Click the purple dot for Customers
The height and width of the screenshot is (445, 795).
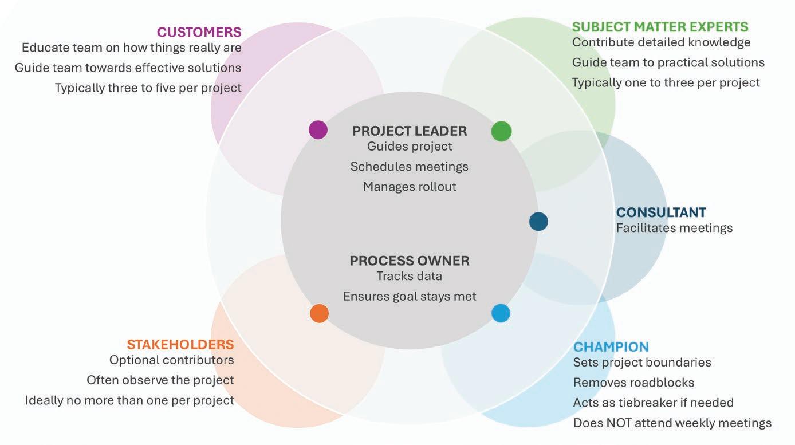point(318,130)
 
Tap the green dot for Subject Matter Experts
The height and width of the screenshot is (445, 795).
point(501,131)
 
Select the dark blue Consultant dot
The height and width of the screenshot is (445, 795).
point(538,221)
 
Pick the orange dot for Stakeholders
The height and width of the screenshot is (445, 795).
point(319,313)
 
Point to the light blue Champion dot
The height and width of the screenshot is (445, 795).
point(501,313)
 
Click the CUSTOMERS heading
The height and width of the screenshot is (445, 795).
point(199,32)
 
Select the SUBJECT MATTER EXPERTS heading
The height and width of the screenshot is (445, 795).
point(660,27)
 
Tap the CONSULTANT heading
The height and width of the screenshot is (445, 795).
point(660,212)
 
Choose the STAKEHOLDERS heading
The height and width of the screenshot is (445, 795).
point(180,344)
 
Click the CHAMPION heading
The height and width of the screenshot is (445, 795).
point(611,346)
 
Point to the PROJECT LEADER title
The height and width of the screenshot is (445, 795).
point(410,131)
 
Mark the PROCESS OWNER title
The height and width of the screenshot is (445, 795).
point(410,261)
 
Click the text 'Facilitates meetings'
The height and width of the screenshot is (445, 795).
point(674,228)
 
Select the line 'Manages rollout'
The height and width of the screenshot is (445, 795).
point(410,187)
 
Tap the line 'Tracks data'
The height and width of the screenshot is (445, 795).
point(410,276)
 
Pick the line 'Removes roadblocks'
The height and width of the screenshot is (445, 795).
point(633,383)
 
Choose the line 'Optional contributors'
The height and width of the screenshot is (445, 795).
point(172,360)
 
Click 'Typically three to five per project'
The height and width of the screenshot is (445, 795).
point(148,88)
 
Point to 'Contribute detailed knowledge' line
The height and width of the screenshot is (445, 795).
point(661,42)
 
